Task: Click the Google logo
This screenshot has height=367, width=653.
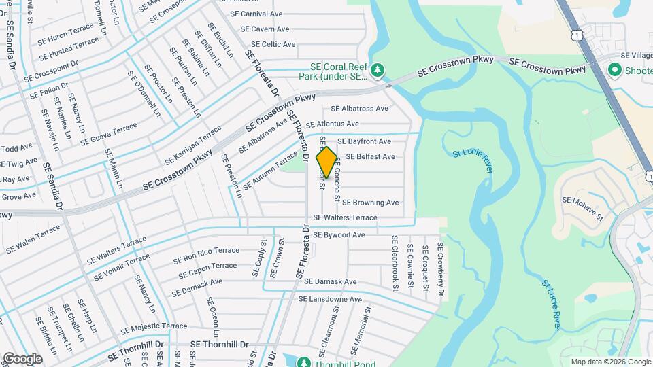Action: point(22,358)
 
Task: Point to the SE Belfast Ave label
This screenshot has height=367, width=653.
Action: point(370,156)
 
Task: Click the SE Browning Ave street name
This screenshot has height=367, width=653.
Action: point(370,203)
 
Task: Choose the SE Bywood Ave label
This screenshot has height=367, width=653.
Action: point(339,234)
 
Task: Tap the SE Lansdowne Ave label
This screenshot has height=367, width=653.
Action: point(330,299)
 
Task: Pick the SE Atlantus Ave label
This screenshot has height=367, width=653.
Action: point(332,124)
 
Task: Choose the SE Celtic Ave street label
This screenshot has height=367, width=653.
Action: point(270,44)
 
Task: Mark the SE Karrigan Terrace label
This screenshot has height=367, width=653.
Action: point(192,144)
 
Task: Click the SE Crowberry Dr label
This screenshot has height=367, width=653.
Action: point(441,269)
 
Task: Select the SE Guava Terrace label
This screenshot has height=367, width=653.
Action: point(109,134)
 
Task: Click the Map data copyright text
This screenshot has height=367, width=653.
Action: point(609,362)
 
